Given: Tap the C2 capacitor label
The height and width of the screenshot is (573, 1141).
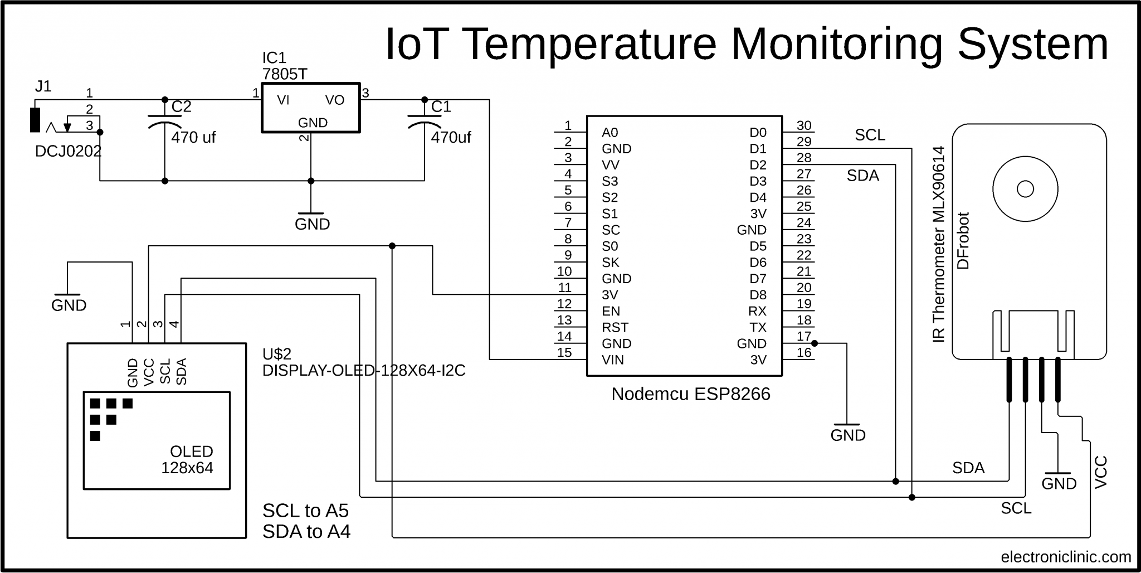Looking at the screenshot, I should pos(181,106).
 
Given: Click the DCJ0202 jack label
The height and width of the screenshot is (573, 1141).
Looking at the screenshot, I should pos(68,152).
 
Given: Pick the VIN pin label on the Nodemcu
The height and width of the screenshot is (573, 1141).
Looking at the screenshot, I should pos(612,360).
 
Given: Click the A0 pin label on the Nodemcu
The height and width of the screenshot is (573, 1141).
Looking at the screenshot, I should pos(609,133).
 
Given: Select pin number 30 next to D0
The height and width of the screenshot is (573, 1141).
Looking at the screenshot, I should pos(803,125).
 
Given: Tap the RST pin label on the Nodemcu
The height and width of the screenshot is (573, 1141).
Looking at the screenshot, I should pos(615,328).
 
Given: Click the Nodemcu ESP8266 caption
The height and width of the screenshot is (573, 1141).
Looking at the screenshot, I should pos(690,394).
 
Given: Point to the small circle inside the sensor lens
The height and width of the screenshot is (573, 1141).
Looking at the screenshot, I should pos(1025,189).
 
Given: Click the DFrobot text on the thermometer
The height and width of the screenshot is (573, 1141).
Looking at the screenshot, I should pos(963,240).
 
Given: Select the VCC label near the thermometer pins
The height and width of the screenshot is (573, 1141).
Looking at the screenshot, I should pos(1101,472).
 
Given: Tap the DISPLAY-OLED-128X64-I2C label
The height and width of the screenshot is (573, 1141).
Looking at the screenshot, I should pos(363,371).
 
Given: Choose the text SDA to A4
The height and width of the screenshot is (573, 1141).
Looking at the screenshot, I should pos(306,532).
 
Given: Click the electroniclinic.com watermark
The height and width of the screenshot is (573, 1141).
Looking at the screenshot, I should pos(1065,557).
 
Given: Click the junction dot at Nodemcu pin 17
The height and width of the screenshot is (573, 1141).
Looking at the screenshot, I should pos(815,343).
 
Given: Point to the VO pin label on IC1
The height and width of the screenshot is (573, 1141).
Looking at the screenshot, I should pos(335,100).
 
